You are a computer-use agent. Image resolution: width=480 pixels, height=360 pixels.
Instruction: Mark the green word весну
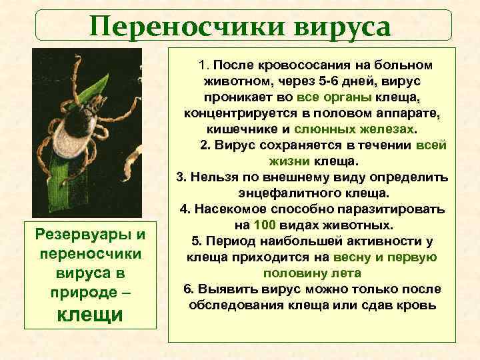click(363, 257)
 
